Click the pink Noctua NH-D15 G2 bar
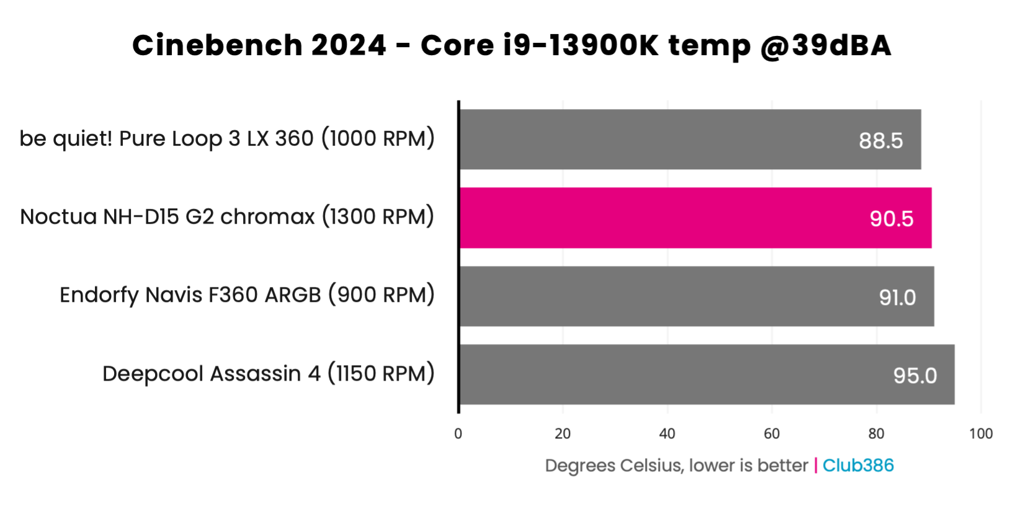695,218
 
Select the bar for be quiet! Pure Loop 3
690,139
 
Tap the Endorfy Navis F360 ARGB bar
696,296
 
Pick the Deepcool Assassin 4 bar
706,374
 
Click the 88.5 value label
881,141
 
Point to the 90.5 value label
891,219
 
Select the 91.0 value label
897,298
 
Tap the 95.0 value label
915,376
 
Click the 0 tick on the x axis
458,434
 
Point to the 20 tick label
563,434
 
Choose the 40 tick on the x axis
667,434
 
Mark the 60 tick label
772,434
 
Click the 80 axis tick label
876,434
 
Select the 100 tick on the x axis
981,434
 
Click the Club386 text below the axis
858,466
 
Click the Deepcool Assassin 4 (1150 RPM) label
268,374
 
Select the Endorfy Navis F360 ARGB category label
247,295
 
